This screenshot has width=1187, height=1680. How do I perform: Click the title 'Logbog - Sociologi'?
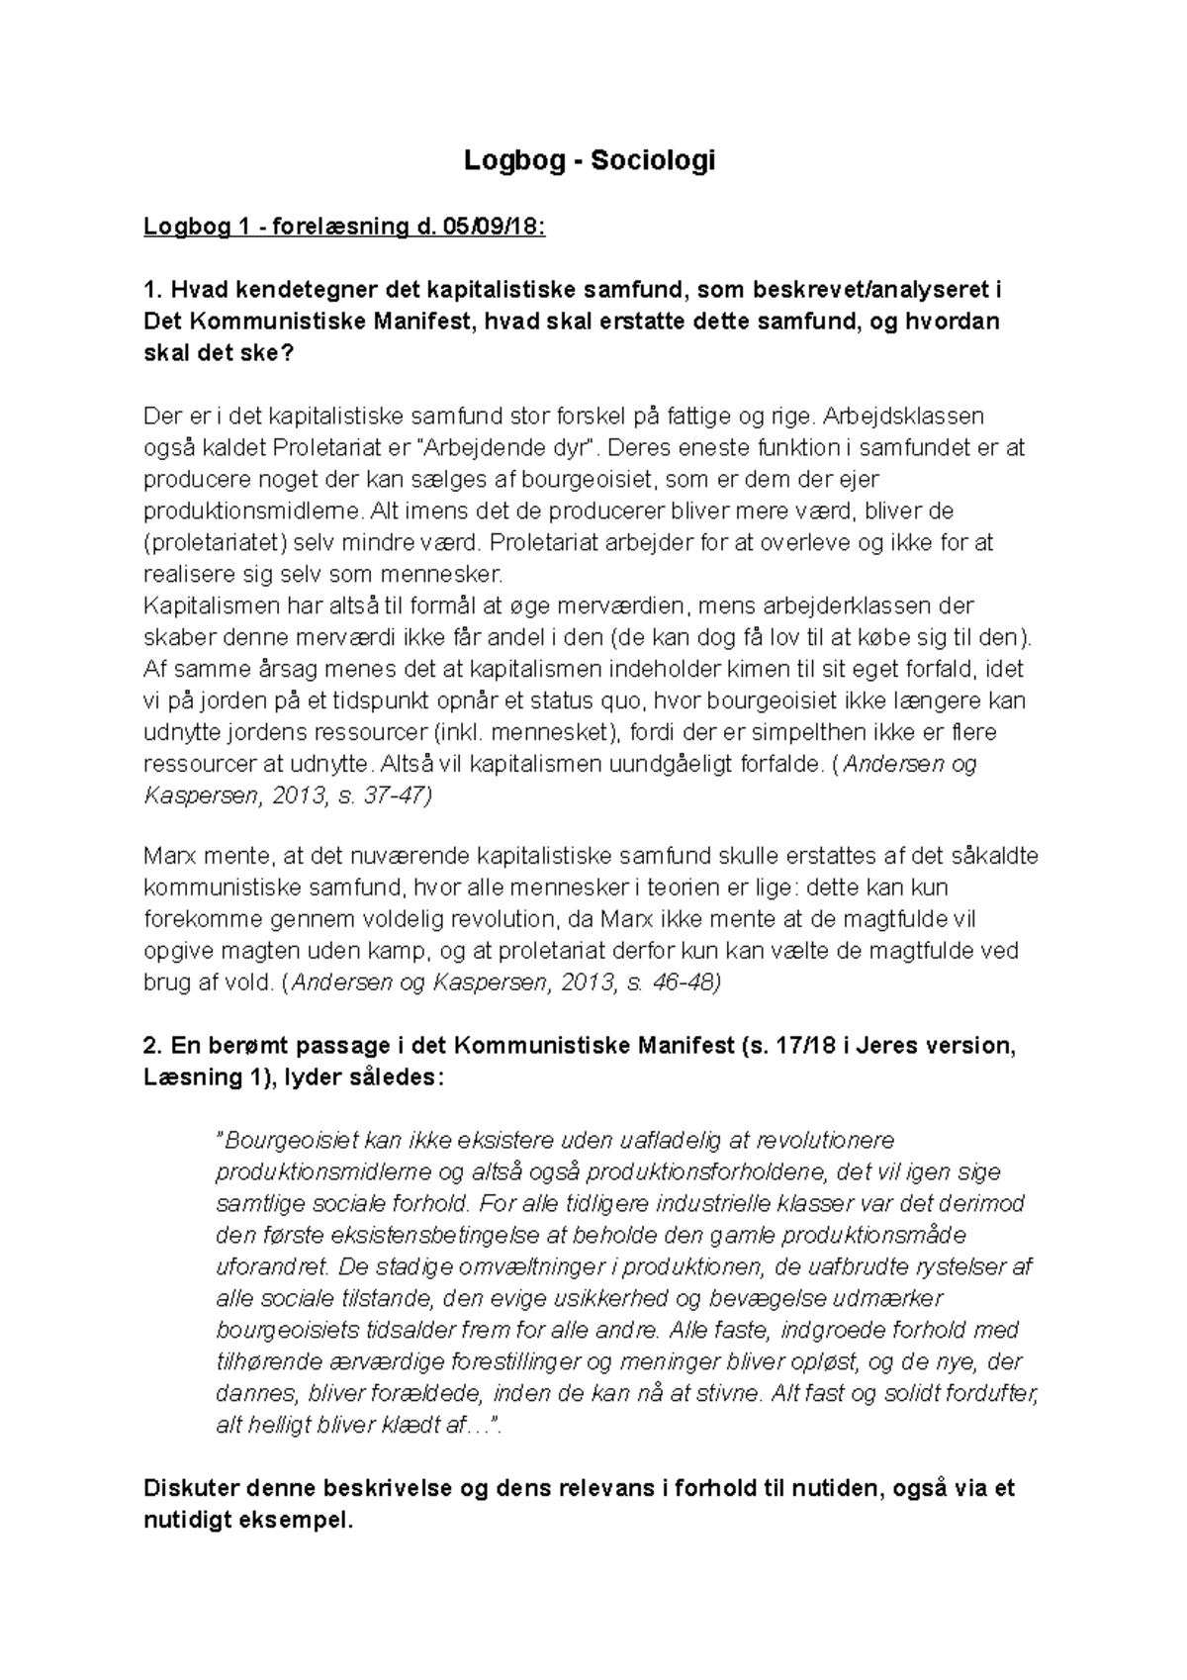pyautogui.click(x=590, y=161)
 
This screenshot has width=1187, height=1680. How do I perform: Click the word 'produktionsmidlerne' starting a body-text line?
pyautogui.click(x=253, y=512)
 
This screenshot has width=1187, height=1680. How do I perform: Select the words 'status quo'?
pyautogui.click(x=584, y=701)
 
